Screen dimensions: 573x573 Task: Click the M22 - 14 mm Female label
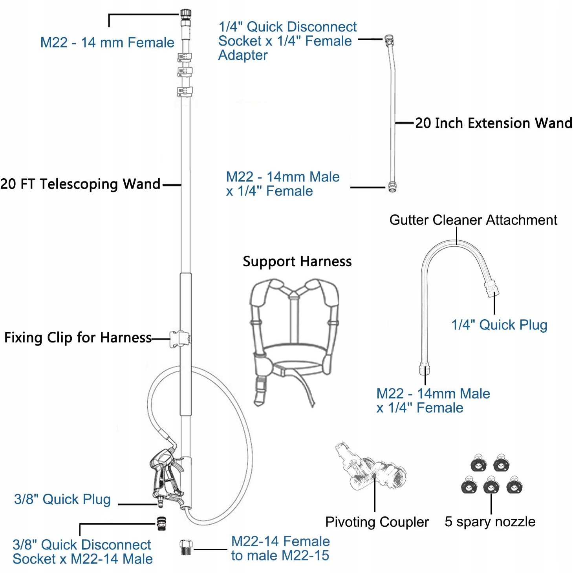click(107, 42)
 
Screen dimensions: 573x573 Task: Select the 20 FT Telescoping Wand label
click(81, 184)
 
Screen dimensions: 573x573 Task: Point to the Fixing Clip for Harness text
click(78, 337)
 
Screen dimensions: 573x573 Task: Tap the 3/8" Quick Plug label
click(62, 499)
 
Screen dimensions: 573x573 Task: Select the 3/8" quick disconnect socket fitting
click(161, 523)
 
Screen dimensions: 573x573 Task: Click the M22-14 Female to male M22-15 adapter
click(186, 547)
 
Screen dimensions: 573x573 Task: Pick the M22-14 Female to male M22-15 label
click(280, 548)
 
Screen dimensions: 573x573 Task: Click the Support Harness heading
click(297, 262)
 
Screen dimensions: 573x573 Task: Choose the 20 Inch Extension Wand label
click(494, 123)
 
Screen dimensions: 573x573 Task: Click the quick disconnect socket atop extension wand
click(389, 40)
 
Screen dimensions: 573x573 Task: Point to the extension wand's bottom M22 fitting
click(392, 186)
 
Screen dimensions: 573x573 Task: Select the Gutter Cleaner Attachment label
click(473, 220)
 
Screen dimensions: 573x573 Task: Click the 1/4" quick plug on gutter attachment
click(492, 289)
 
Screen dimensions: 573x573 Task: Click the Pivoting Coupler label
click(377, 522)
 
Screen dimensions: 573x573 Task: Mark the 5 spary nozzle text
click(490, 522)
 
